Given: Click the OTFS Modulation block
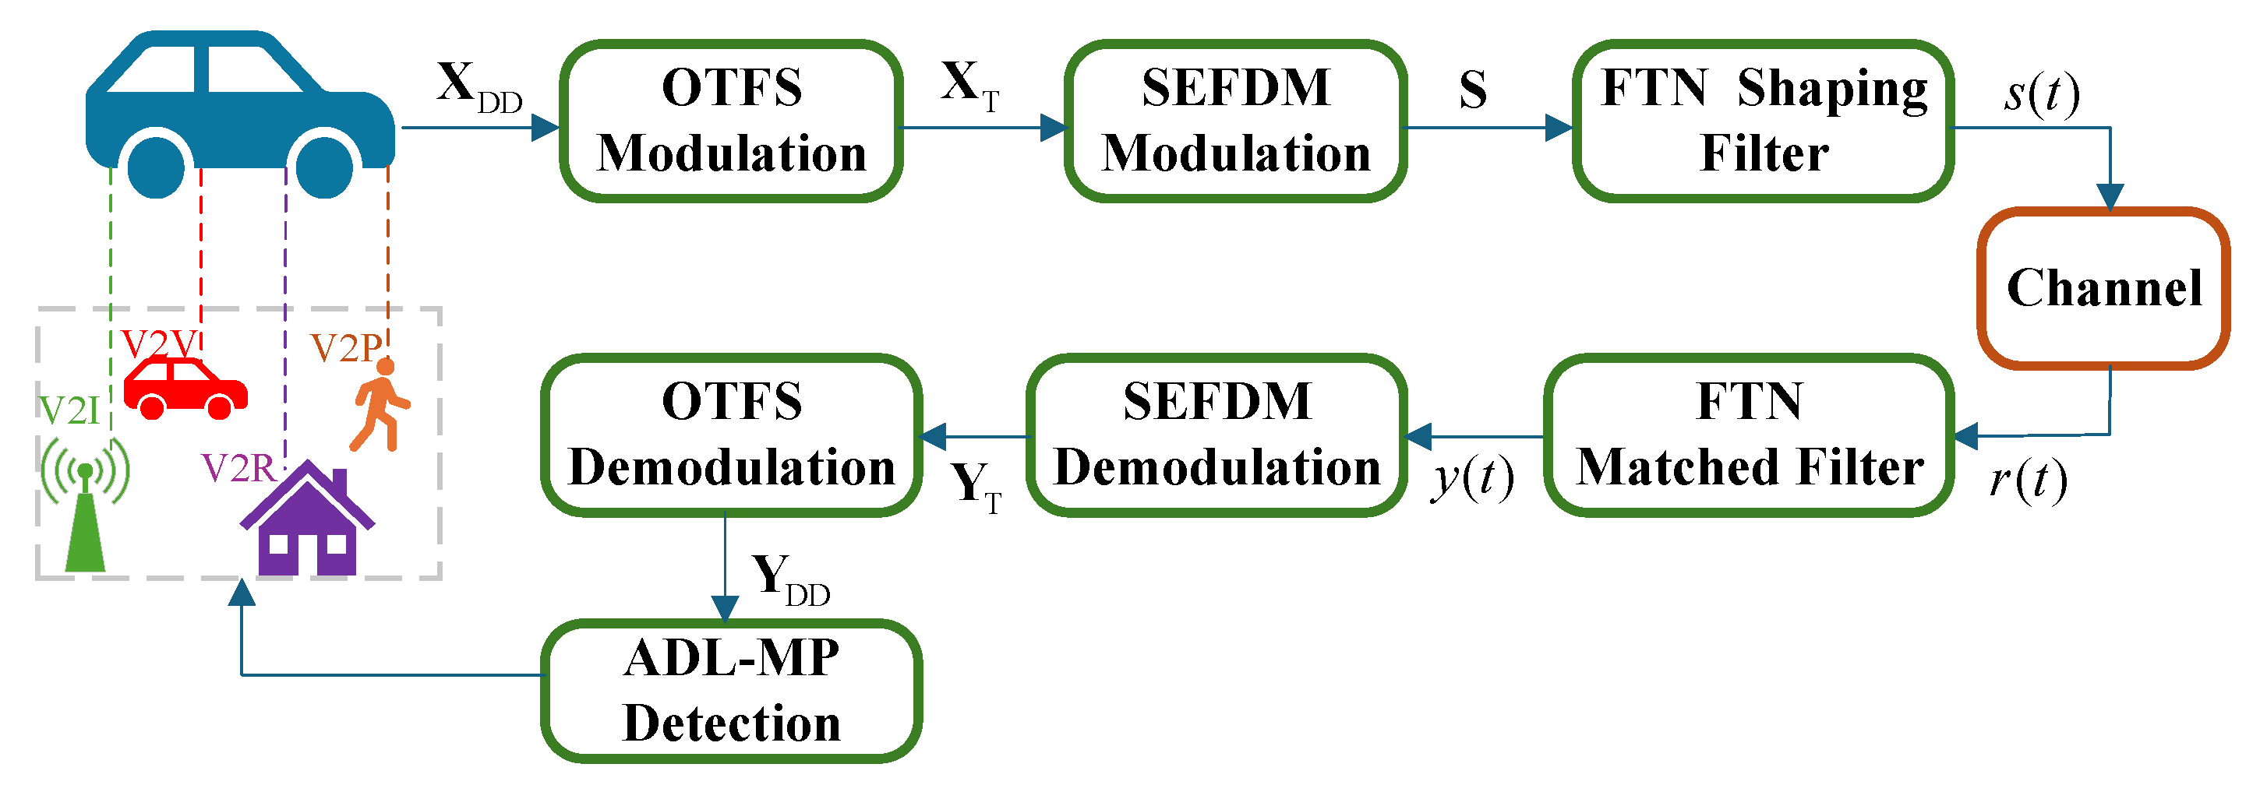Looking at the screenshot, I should tap(731, 121).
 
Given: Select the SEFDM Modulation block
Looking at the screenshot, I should tap(1235, 121).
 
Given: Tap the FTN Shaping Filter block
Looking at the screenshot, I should tap(1764, 121).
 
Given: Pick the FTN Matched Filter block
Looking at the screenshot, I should tap(1749, 435).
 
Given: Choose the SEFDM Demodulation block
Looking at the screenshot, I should tap(1217, 435).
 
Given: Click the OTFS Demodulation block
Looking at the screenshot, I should tap(731, 435).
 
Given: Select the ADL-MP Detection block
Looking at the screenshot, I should tap(731, 691).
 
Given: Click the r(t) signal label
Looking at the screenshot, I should tap(2028, 480).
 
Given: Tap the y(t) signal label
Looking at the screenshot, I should tap(1472, 478).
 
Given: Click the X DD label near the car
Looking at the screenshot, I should tap(478, 88).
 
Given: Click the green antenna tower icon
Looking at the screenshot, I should tap(85, 517).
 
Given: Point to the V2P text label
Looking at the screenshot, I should tap(344, 349).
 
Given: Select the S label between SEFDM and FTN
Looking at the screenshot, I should tap(1473, 90).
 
